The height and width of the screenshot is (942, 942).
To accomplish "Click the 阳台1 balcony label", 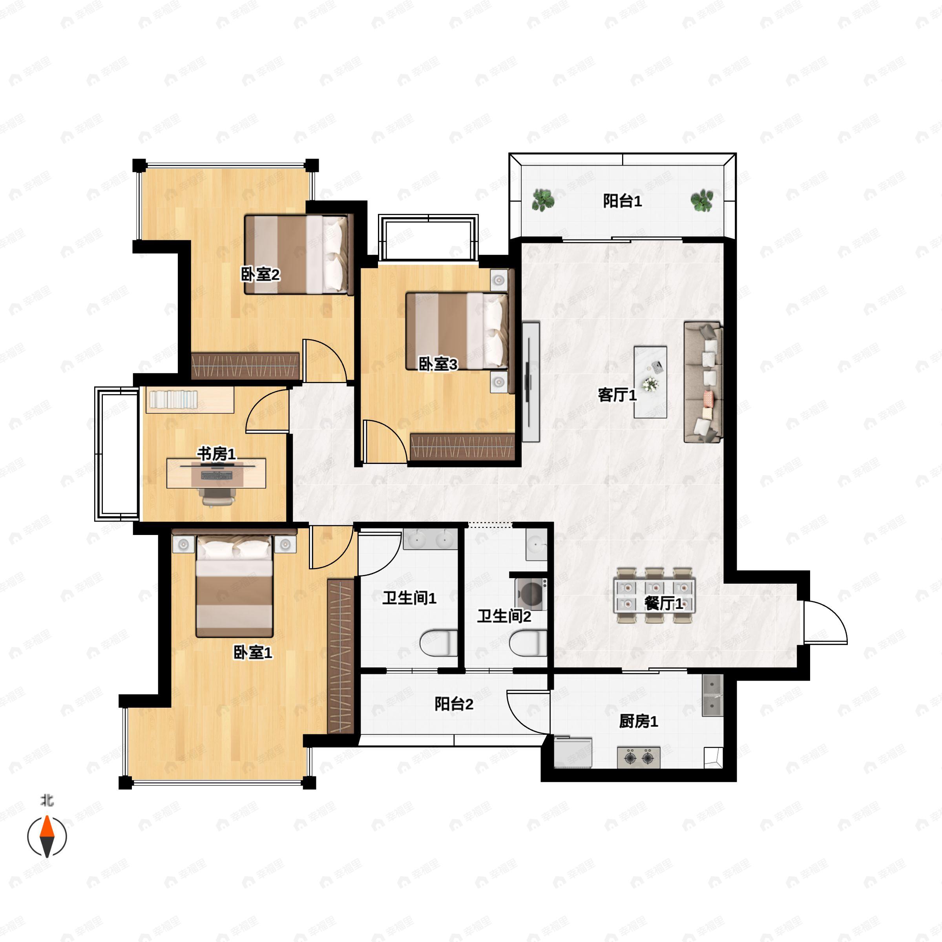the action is pyautogui.click(x=622, y=201).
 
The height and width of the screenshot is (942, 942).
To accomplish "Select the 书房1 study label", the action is pyautogui.click(x=216, y=454).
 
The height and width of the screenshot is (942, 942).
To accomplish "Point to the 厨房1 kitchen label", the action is pyautogui.click(x=638, y=721).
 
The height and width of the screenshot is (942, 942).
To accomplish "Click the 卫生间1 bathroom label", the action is pyautogui.click(x=409, y=598).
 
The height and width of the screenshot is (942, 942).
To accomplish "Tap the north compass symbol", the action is pyautogui.click(x=47, y=836).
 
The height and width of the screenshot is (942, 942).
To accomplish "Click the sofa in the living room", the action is pyautogui.click(x=703, y=382).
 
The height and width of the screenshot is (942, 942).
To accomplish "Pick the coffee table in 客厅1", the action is pyautogui.click(x=650, y=382).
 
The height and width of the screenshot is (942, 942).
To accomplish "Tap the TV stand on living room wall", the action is pyautogui.click(x=531, y=382).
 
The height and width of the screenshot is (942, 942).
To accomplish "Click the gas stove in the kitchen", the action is pyautogui.click(x=639, y=758).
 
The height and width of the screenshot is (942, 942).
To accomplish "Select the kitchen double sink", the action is pyautogui.click(x=712, y=695).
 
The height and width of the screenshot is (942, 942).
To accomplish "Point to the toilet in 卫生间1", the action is pyautogui.click(x=439, y=643).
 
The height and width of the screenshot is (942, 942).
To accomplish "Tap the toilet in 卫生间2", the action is pyautogui.click(x=528, y=643).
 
